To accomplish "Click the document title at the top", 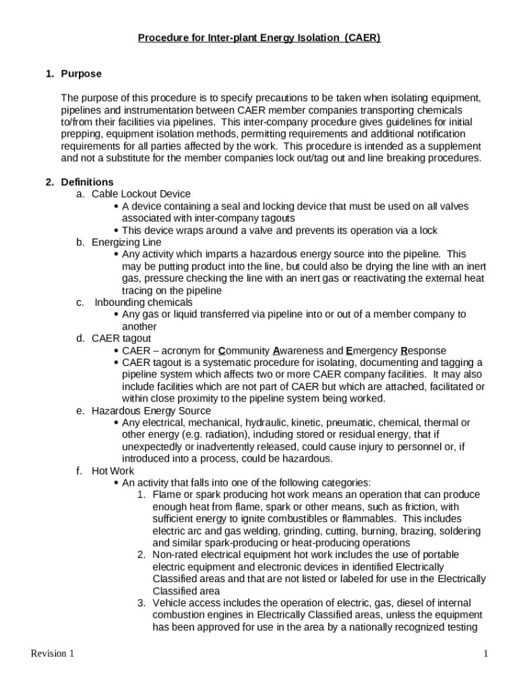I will tap(259, 38).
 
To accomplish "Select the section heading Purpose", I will tap(81, 73).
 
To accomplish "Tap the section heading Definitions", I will tap(87, 182).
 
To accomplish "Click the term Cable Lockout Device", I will tap(141, 194).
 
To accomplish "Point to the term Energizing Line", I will tap(127, 242).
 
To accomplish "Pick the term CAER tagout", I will tap(121, 338).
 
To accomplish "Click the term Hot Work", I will tap(113, 471).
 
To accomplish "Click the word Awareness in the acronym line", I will tap(298, 350).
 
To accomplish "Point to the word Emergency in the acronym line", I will tap(371, 350).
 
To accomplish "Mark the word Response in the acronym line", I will tap(423, 350).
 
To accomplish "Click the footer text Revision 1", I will tap(53, 654).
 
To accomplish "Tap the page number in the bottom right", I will tap(485, 654).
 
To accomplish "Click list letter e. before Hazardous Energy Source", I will tap(80, 410).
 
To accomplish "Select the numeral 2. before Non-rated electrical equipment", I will tap(142, 555).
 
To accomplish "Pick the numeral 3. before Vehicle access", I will tap(142, 603).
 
